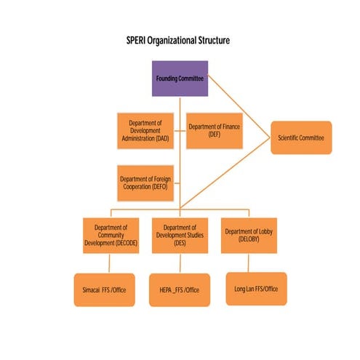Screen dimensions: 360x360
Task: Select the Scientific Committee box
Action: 301,137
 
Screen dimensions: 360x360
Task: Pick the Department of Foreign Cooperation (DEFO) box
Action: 145,183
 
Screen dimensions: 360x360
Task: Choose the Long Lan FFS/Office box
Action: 256,289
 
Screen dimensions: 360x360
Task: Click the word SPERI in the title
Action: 136,41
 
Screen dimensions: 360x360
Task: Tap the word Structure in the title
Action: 212,41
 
